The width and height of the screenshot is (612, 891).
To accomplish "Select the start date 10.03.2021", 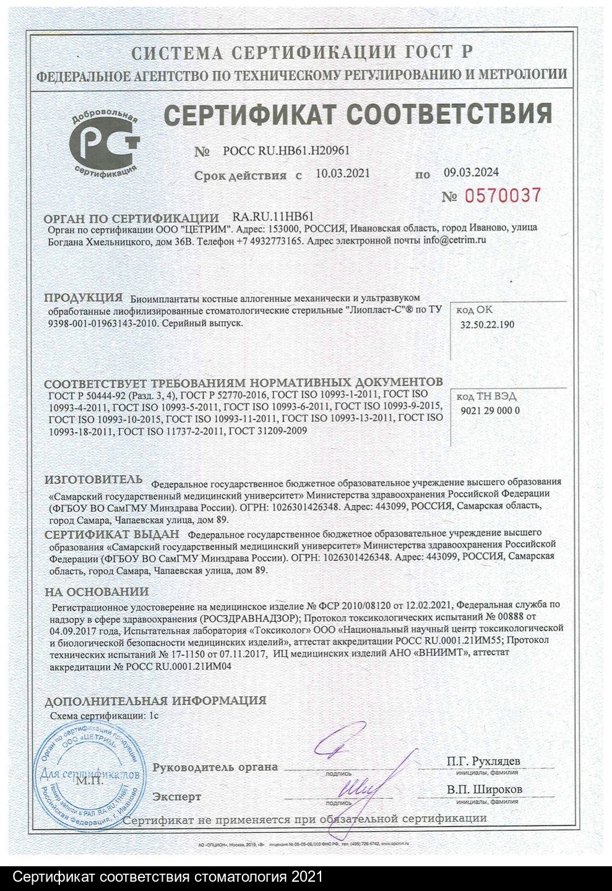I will click(342, 173).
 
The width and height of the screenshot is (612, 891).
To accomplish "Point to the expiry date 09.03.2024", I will click(471, 173).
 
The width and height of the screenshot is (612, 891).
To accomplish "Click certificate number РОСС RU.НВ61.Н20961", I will click(287, 152).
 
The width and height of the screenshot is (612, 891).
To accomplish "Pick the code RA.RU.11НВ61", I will click(273, 217).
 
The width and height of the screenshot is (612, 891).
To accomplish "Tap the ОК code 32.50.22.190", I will click(487, 324).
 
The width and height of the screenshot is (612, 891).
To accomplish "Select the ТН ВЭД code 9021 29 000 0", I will click(490, 410).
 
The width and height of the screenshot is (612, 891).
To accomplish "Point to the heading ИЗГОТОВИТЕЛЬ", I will click(93, 480).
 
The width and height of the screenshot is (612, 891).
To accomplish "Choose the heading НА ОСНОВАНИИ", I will click(97, 592).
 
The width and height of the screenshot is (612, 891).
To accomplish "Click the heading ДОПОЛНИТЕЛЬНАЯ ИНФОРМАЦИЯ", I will click(155, 700).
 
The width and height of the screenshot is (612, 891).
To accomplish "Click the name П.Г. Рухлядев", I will click(483, 760).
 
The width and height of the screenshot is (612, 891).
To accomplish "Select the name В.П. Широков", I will click(484, 790).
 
